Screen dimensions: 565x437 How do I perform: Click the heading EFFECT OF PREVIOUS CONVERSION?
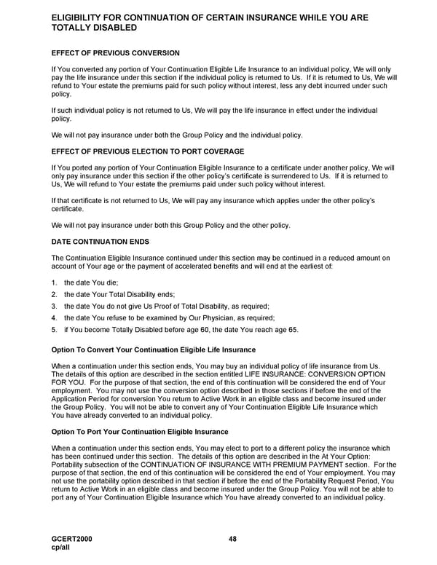[x=115, y=53]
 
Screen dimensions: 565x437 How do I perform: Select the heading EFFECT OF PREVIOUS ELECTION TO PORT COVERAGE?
[x=147, y=151]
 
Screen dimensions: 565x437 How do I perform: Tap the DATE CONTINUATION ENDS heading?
[x=101, y=240]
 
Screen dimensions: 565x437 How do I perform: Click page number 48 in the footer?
[x=232, y=539]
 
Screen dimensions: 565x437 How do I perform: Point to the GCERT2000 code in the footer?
[x=72, y=539]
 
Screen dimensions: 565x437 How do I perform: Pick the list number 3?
[x=54, y=306]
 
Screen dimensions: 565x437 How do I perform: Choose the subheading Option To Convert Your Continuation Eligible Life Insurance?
[x=153, y=350]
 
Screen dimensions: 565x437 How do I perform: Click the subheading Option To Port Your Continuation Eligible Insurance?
[x=140, y=432]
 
